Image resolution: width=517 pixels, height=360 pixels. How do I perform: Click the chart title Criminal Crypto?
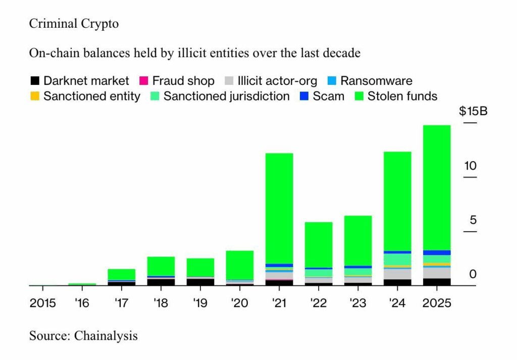(x=74, y=24)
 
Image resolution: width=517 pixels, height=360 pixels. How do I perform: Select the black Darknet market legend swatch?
(x=35, y=81)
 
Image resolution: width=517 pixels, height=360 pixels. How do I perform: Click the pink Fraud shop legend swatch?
(x=143, y=81)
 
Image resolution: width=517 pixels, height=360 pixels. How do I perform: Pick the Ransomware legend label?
(x=376, y=81)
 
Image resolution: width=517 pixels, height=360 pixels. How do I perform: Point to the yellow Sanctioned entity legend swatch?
(x=35, y=96)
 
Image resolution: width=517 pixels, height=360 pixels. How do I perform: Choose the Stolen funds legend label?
(x=402, y=96)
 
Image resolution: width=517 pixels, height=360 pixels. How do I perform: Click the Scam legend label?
(x=328, y=96)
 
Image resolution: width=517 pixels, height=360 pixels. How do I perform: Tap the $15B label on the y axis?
(x=473, y=112)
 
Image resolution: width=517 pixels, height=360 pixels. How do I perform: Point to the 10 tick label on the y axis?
(x=470, y=166)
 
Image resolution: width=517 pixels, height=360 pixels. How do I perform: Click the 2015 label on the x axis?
(x=42, y=305)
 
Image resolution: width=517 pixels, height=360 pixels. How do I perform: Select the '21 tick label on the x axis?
(x=279, y=305)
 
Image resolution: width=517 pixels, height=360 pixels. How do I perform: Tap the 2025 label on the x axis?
(x=437, y=305)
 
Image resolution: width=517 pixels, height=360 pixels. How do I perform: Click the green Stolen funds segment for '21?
(x=279, y=207)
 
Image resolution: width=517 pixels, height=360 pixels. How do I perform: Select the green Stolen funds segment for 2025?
(x=437, y=187)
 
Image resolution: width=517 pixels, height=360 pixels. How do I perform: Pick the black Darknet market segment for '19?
(x=200, y=282)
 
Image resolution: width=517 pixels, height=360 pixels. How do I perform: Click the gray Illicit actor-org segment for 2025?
(x=437, y=272)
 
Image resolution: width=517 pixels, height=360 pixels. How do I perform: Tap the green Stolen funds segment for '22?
(x=319, y=244)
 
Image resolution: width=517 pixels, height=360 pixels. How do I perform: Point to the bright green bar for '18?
(x=161, y=266)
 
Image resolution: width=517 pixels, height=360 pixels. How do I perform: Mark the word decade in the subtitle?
(x=342, y=53)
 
